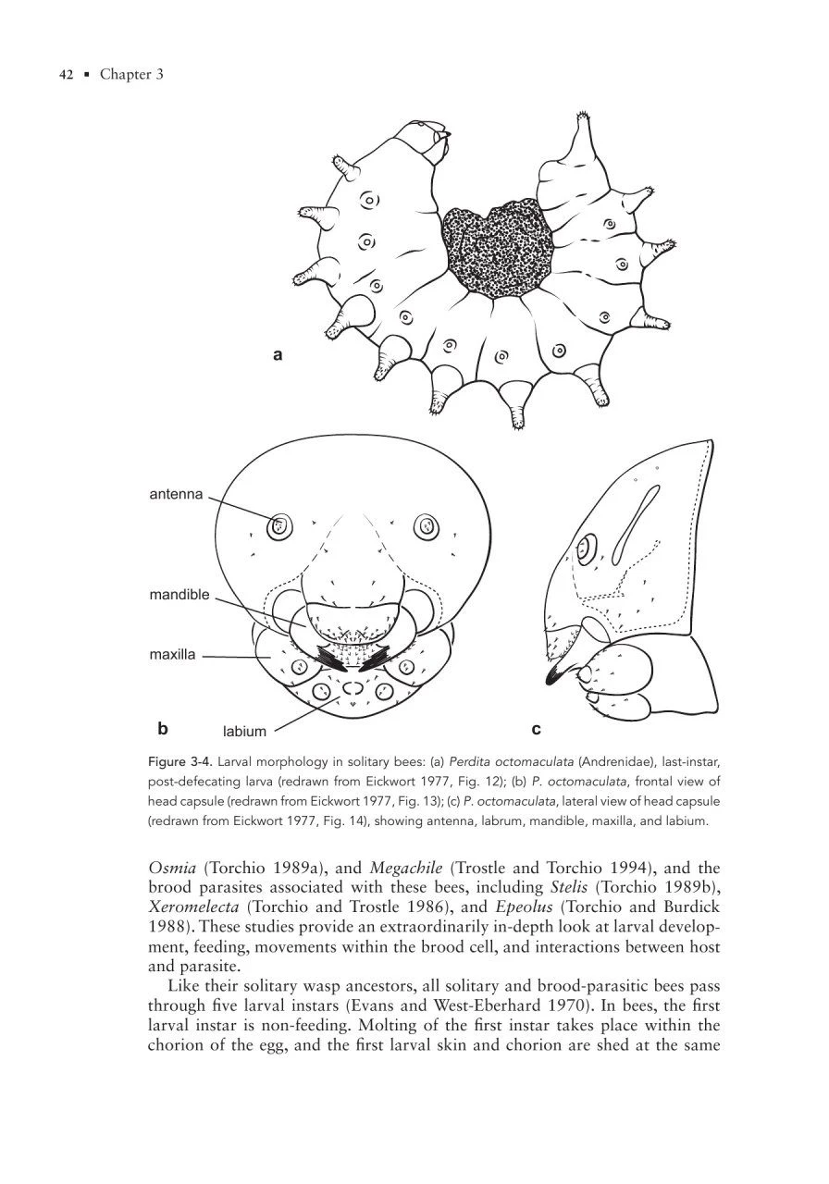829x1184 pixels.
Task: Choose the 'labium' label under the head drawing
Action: [x=244, y=732]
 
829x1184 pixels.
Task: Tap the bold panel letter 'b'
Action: [x=163, y=728]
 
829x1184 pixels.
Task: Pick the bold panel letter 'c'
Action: [x=537, y=729]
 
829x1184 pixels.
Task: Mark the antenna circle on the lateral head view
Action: [x=586, y=550]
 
